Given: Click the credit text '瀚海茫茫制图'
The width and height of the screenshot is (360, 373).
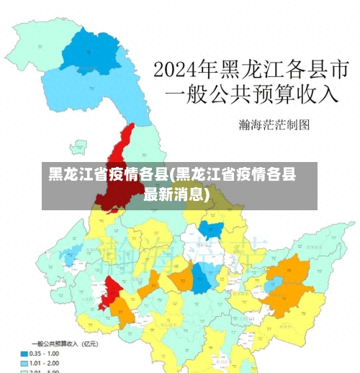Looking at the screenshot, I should click(274, 125).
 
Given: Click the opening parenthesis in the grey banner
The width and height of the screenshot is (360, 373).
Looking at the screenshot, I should click(174, 175).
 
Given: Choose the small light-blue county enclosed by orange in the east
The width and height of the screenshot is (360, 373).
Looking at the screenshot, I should click(273, 286).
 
